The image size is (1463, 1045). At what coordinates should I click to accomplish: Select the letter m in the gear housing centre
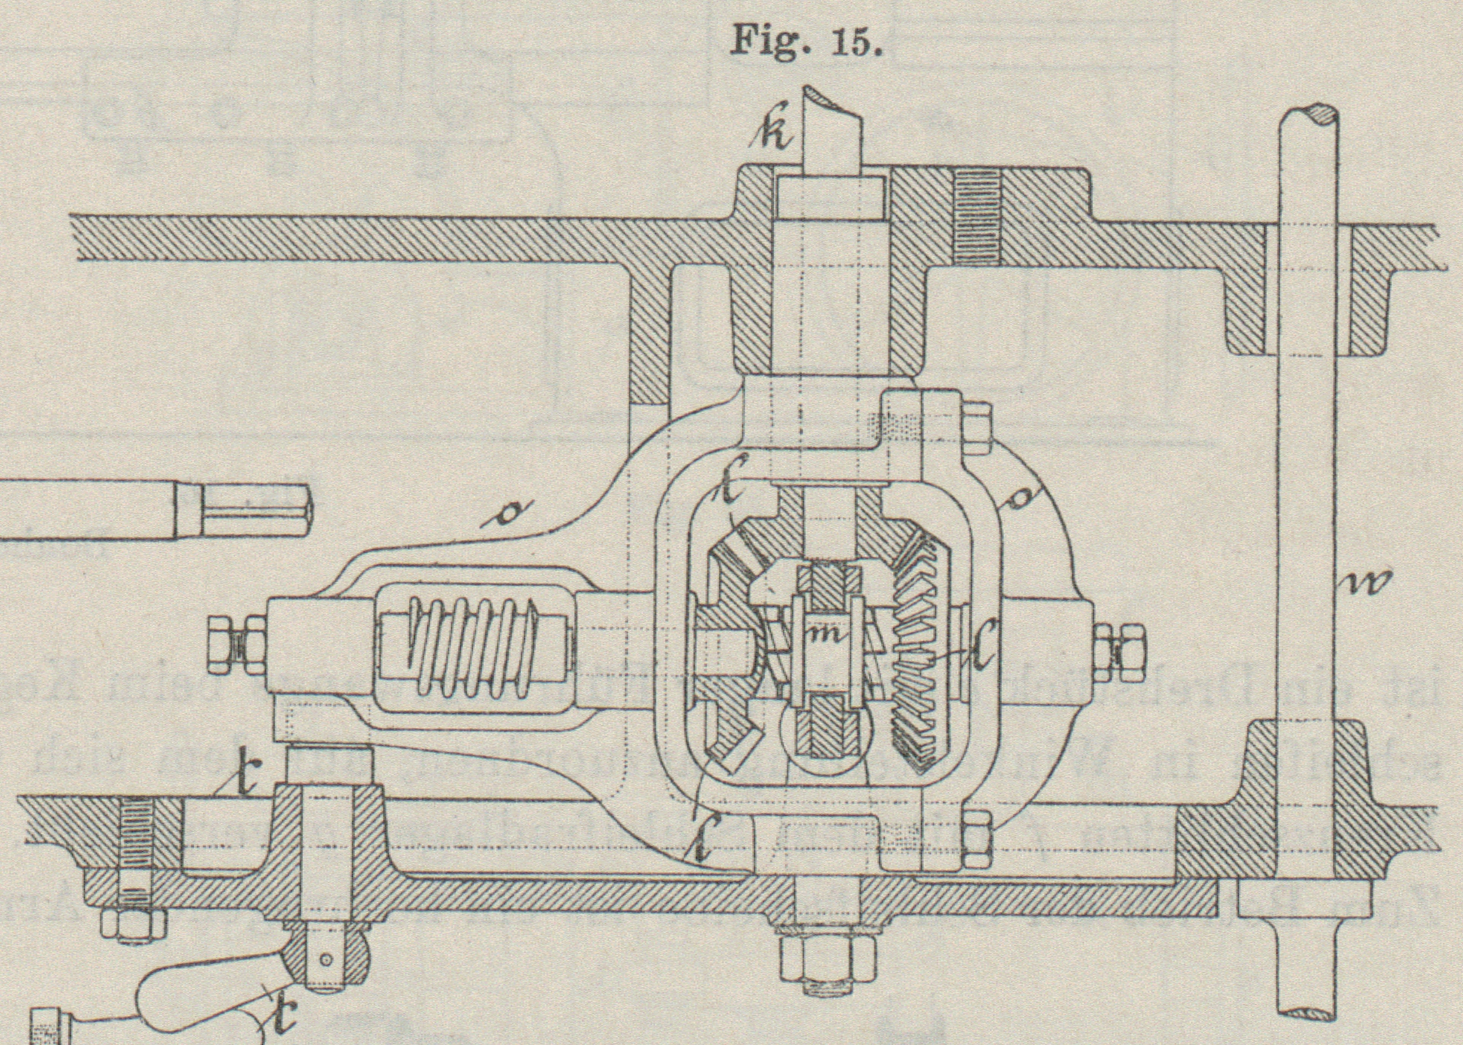click(827, 634)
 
